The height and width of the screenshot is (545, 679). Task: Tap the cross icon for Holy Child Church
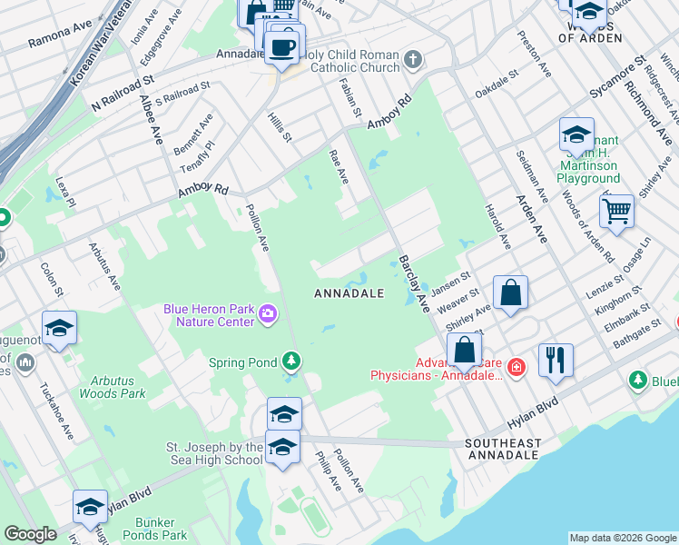point(413,61)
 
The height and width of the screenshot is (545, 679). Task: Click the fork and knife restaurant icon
point(555,360)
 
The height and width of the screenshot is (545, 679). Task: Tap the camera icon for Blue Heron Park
point(267,315)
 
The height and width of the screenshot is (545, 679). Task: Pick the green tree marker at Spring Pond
point(290,362)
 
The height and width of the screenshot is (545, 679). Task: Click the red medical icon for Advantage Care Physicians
point(517,367)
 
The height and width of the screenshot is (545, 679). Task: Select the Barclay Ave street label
point(412,283)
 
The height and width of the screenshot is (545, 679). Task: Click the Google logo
point(30,534)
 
